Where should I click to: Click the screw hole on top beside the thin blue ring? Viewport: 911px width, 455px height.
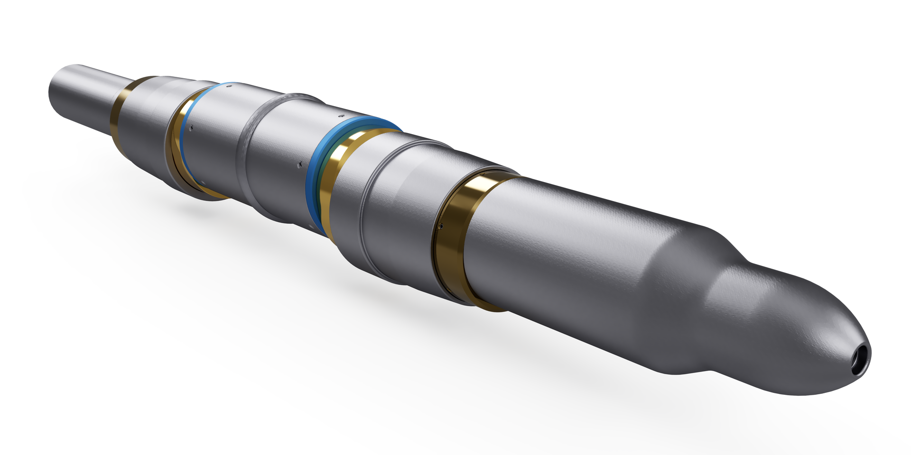coord(229,87)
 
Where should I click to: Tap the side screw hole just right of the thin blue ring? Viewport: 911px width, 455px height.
coord(192,127)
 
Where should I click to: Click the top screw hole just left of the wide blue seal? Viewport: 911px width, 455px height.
coord(340,116)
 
